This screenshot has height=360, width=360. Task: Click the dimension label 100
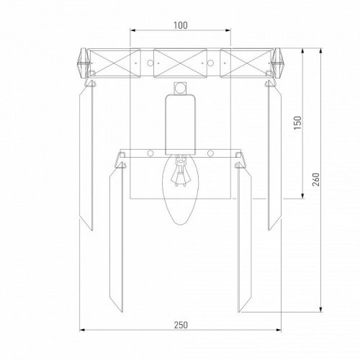181,25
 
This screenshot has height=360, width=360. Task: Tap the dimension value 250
181,325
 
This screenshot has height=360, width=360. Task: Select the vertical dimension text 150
297,123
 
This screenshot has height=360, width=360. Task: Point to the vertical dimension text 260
316,179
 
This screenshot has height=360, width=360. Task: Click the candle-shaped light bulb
180,189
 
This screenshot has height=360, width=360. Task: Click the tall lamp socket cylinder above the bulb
180,125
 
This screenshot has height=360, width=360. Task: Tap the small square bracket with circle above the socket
180,89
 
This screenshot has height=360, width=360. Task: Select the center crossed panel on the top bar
180,63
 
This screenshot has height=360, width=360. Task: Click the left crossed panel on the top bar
114,63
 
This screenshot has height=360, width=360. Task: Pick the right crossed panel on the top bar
247,63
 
